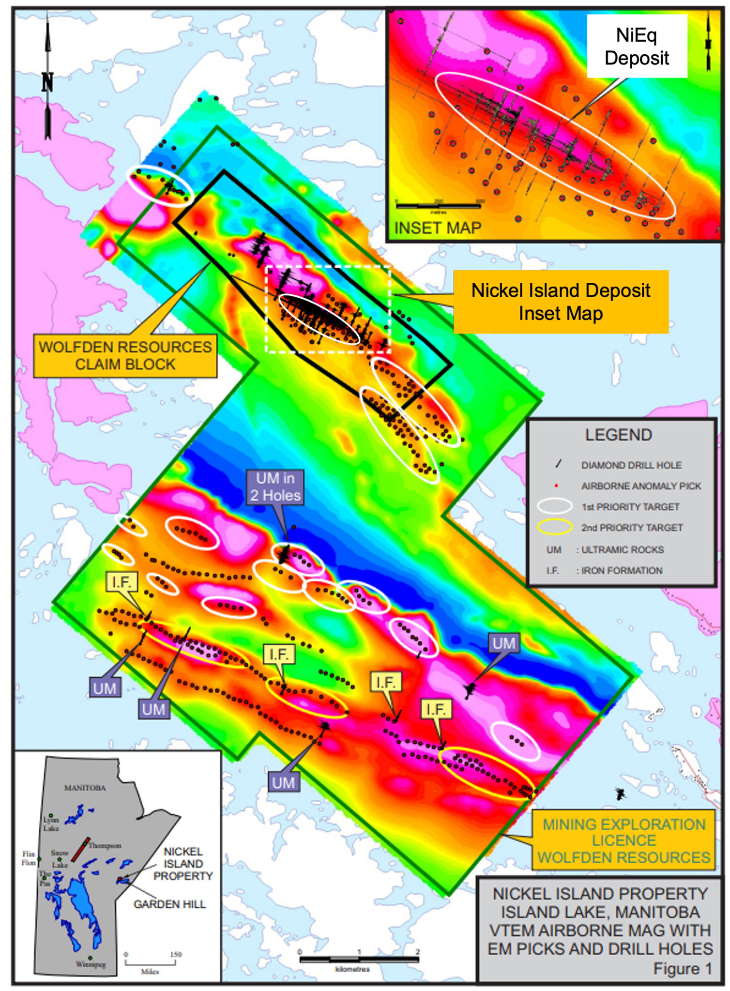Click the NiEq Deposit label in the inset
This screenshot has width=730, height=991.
(x=637, y=46)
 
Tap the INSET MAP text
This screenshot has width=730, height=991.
(x=438, y=228)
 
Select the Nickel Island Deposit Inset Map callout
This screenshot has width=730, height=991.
(x=561, y=302)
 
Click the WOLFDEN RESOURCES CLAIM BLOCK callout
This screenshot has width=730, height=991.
(x=125, y=356)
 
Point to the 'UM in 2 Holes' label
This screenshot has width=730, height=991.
(x=275, y=487)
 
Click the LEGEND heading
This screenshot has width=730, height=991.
(x=618, y=435)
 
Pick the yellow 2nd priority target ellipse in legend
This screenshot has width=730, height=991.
(x=555, y=527)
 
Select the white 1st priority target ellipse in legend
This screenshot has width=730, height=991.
(x=555, y=506)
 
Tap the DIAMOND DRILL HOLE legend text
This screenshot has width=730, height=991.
(x=631, y=465)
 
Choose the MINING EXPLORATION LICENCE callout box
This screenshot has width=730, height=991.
(x=624, y=840)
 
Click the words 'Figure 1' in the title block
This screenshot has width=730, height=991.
(x=682, y=968)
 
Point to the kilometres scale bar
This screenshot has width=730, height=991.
(x=359, y=959)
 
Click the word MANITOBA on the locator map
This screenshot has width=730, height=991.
(x=85, y=788)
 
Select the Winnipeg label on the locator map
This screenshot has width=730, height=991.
(x=91, y=964)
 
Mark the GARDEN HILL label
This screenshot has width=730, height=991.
(x=169, y=904)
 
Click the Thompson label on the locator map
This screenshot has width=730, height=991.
(x=105, y=845)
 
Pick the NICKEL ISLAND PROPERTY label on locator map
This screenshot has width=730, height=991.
(x=183, y=864)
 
